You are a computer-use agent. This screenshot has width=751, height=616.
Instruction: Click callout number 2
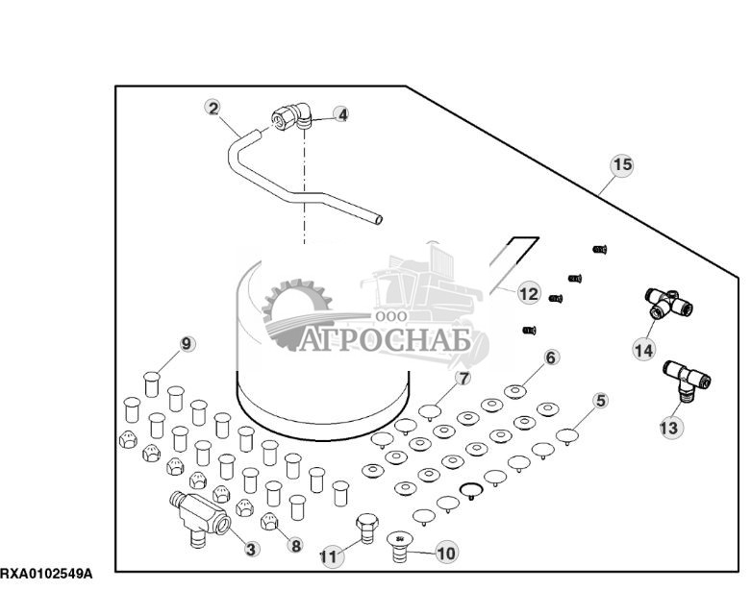213,108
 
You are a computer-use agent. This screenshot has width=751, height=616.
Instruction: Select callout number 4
341,114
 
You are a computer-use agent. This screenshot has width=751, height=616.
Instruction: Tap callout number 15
623,165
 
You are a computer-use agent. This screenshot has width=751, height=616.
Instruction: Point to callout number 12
529,292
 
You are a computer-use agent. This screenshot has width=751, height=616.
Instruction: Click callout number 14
643,351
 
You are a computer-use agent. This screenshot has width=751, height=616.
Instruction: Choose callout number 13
669,427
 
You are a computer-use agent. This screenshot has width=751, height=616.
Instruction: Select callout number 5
600,401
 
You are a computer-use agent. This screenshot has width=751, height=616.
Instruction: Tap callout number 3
251,549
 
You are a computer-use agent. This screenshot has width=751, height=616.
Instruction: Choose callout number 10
446,553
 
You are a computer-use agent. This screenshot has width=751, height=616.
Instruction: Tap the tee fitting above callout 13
687,377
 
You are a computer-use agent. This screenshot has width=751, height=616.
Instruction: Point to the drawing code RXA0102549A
46,574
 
